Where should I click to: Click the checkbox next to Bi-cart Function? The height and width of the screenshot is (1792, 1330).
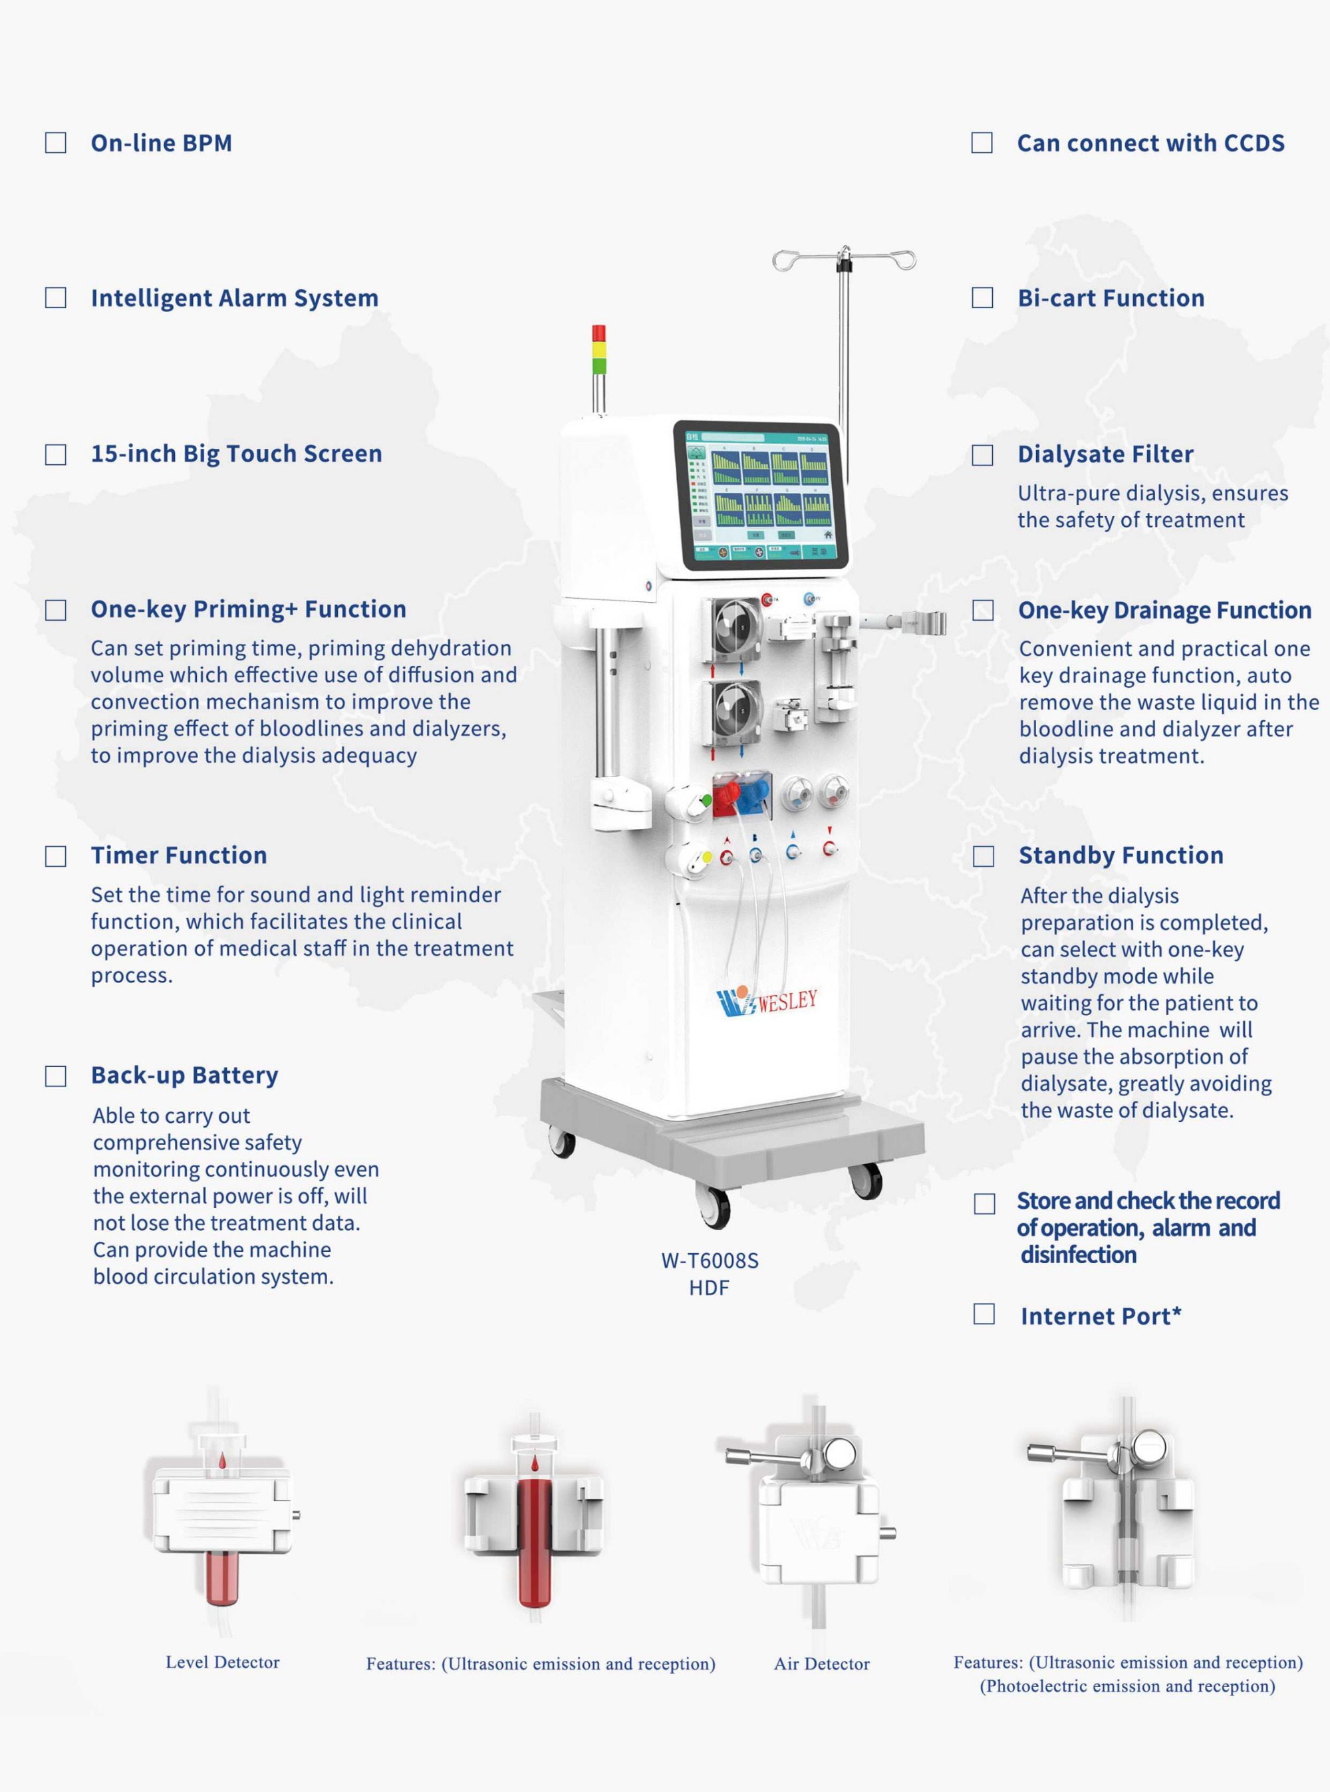coord(982,298)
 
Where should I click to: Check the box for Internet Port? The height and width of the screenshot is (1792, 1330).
coord(984,1314)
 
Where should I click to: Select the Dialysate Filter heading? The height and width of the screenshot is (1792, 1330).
coord(1105,454)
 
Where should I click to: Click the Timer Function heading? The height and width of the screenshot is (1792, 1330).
coord(179,855)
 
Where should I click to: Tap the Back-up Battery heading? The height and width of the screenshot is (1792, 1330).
coord(184,1076)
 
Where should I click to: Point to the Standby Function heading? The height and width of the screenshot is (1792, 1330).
coord(1121,855)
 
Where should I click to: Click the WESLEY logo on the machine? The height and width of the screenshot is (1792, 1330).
coord(767,1001)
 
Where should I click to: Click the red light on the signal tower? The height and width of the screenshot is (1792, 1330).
coord(598,333)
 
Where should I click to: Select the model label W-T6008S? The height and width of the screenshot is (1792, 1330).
coord(710,1261)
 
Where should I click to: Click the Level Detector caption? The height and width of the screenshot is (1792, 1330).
coord(222,1662)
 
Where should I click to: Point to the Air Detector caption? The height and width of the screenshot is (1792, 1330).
coord(822,1664)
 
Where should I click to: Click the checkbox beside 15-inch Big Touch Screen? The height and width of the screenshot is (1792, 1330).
coord(56,455)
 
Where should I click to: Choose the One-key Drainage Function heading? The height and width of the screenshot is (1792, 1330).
coord(1165,611)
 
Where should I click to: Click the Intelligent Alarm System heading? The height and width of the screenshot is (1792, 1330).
coord(234,299)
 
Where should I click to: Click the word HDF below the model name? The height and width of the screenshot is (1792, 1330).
coord(710,1288)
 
